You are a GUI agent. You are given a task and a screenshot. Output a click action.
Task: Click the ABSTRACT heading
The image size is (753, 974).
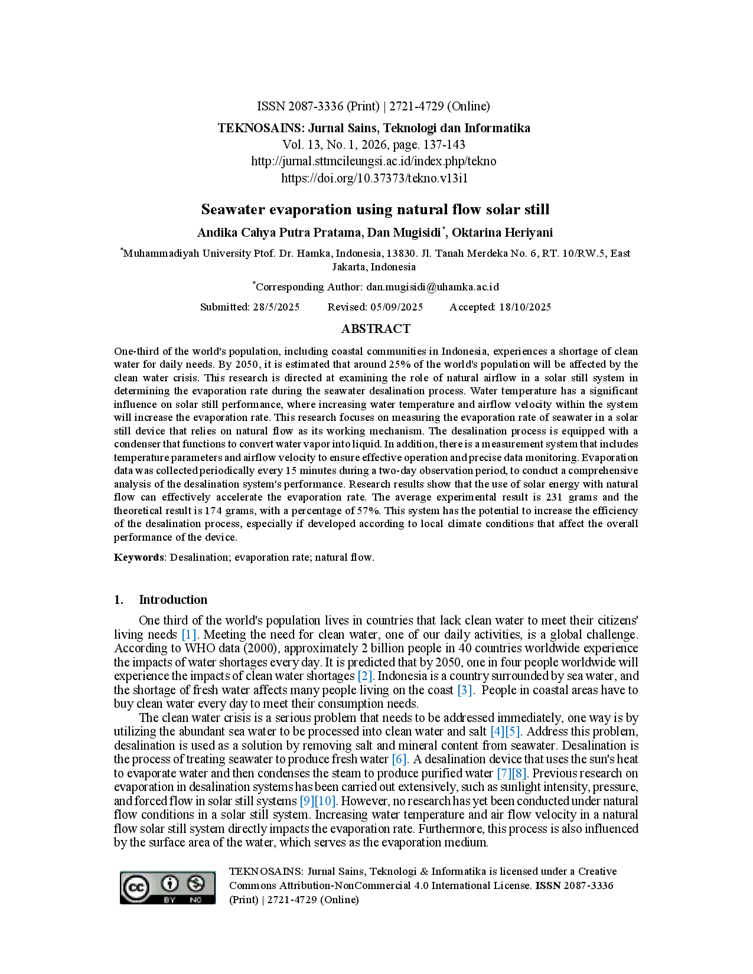[x=376, y=329]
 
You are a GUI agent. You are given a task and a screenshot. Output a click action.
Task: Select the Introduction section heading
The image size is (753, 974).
[x=172, y=600]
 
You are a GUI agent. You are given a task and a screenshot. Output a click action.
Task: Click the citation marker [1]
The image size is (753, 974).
[x=189, y=635]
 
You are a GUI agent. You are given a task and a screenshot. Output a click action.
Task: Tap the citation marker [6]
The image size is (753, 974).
[x=399, y=759]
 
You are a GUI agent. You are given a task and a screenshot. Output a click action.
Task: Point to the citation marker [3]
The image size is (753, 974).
[x=465, y=690]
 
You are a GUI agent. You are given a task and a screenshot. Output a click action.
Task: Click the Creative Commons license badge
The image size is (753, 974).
[x=167, y=887]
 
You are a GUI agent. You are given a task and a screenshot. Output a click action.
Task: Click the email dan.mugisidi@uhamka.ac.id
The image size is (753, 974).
[x=432, y=287]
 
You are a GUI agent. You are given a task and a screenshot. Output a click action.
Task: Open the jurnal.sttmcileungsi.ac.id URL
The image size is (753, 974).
[x=374, y=161]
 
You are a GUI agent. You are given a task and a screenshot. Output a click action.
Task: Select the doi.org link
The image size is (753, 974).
[x=374, y=178]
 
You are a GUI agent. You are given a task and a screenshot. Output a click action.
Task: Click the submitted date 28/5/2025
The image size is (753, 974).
[x=276, y=307]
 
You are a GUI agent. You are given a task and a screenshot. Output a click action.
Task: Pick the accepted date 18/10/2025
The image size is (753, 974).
[x=524, y=307]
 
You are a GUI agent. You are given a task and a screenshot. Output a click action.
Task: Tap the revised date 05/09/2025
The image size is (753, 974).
[x=396, y=307]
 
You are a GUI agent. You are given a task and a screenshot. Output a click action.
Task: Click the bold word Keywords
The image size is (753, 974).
[x=139, y=557]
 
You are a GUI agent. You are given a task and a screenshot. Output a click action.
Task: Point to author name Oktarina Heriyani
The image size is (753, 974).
[x=503, y=233]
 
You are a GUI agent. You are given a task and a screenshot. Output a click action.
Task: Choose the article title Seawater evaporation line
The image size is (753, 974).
[x=375, y=210]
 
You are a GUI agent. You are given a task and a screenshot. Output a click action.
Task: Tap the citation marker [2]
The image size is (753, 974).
[x=364, y=676]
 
